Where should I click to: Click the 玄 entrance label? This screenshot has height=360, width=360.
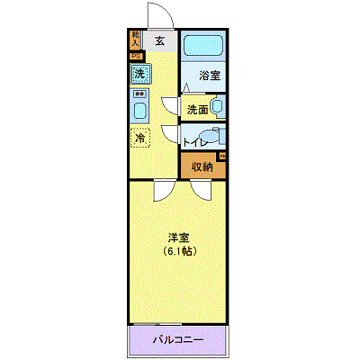click(x=159, y=40)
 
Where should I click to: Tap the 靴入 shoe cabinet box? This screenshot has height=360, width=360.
click(x=136, y=39)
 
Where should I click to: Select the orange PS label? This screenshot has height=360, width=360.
click(x=136, y=55)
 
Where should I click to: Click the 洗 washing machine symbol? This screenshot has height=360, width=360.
click(x=139, y=74)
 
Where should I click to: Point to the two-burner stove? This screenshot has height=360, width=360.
click(x=139, y=94)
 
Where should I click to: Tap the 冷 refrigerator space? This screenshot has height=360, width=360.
click(x=139, y=138)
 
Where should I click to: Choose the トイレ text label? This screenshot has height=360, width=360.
click(x=193, y=141)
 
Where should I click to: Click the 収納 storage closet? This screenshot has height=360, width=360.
click(x=202, y=166)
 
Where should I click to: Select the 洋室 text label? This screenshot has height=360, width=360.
click(x=178, y=238)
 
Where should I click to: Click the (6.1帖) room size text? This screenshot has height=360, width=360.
click(x=178, y=251)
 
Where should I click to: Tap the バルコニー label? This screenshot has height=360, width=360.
click(x=177, y=339)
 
